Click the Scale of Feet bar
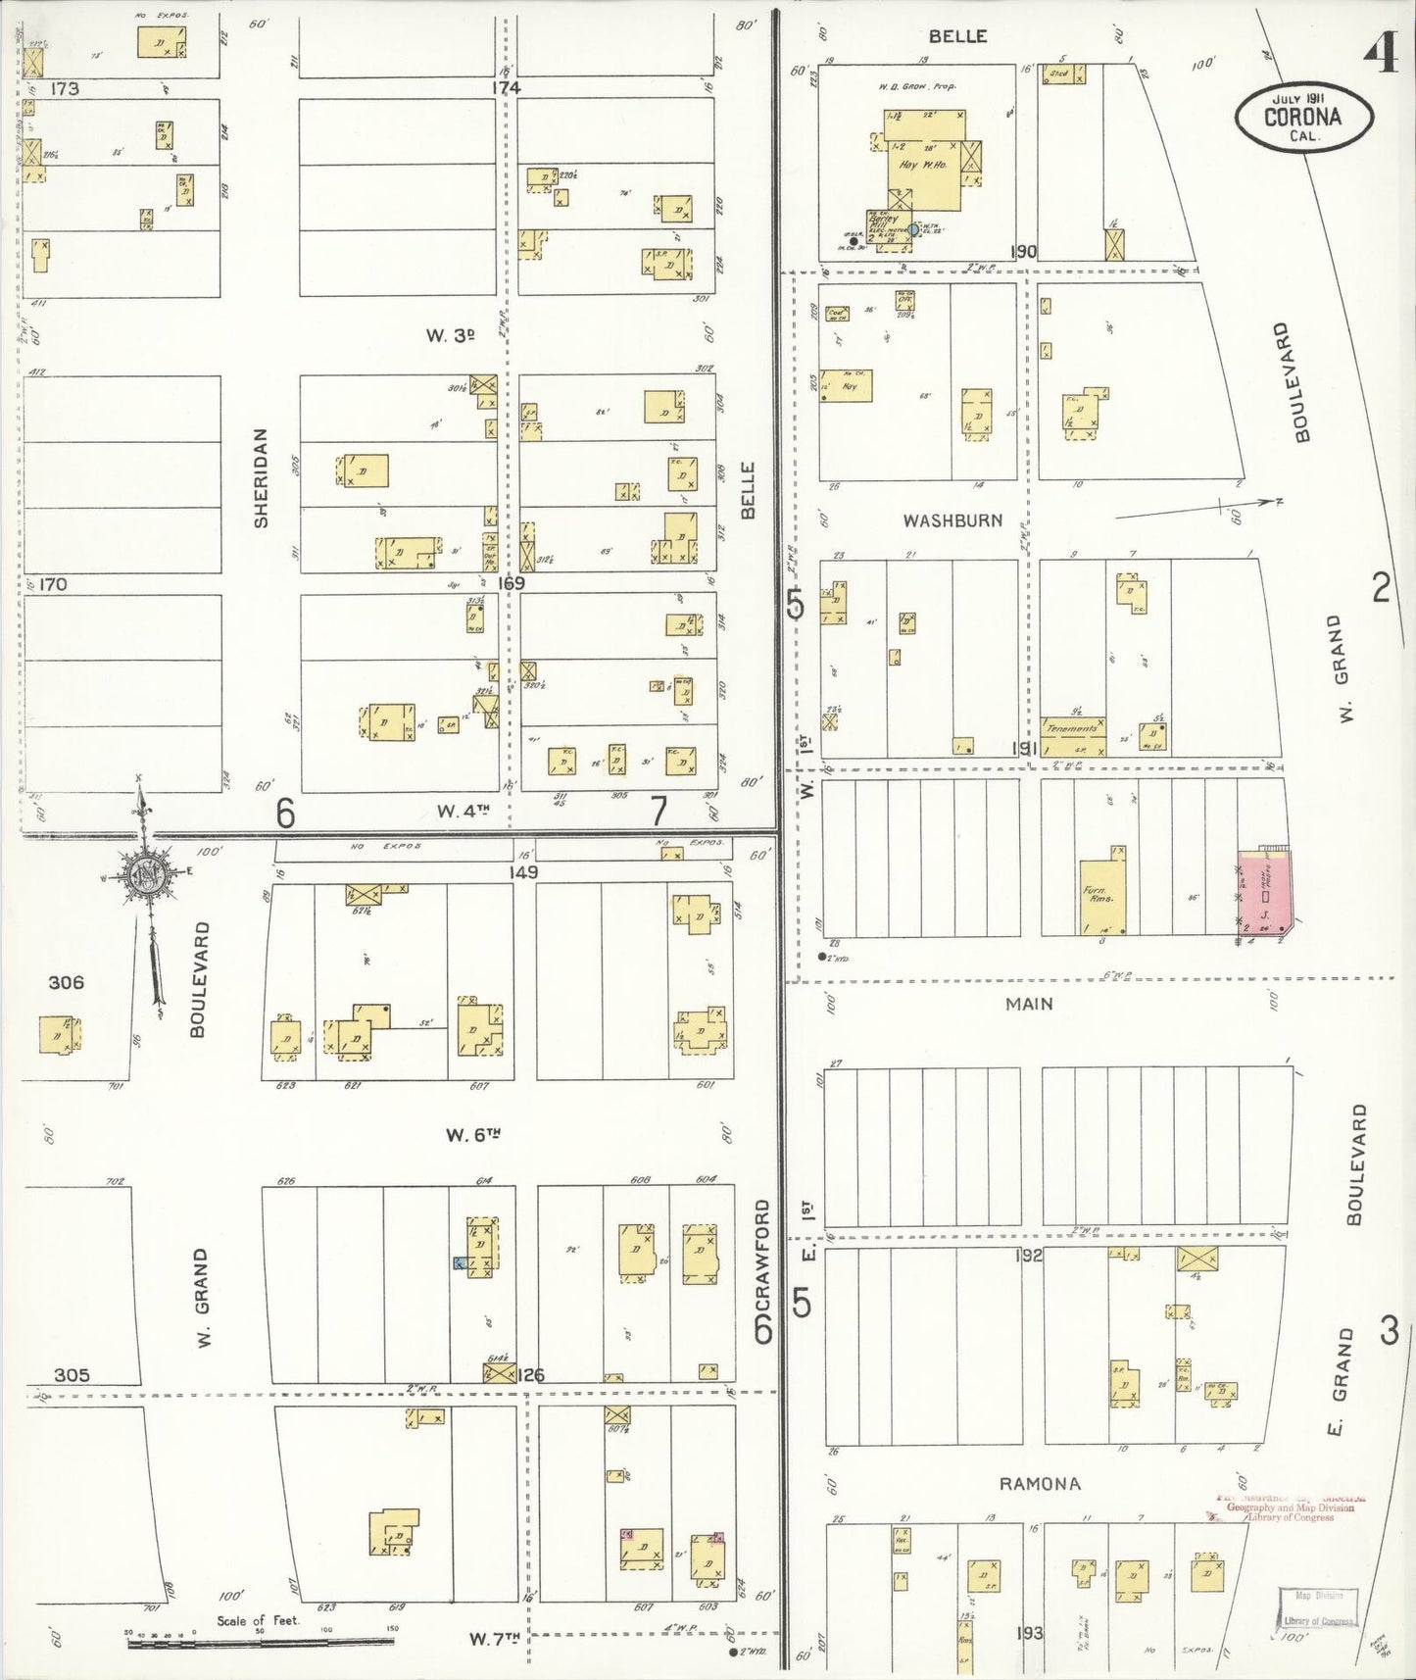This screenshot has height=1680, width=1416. [x=259, y=1639]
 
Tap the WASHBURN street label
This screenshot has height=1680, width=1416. [x=952, y=520]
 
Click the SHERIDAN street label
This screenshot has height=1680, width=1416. [x=261, y=477]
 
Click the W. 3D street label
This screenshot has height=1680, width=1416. [x=450, y=335]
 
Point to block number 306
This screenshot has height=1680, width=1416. [x=67, y=982]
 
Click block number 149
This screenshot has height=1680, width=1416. [x=523, y=870]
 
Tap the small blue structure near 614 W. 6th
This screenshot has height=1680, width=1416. [x=458, y=1263]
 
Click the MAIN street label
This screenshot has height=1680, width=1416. [x=1029, y=1003]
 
